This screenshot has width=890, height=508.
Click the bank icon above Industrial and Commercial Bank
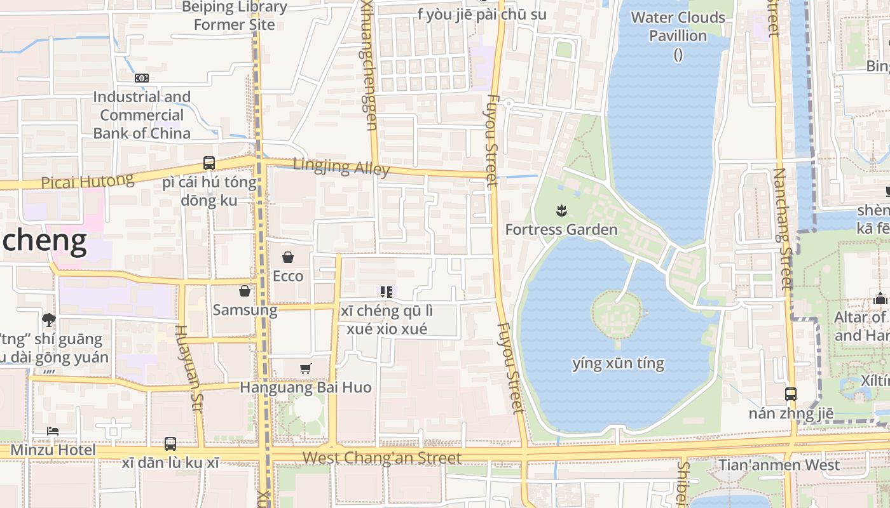pyautogui.click(x=141, y=78)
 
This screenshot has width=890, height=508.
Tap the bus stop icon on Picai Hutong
pyautogui.click(x=209, y=163)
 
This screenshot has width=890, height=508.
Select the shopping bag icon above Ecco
pyautogui.click(x=288, y=257)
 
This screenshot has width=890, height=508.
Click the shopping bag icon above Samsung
pyautogui.click(x=244, y=291)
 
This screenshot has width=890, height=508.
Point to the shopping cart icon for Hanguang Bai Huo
pyautogui.click(x=306, y=368)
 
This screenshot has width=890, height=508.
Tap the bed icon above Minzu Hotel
pyautogui.click(x=53, y=431)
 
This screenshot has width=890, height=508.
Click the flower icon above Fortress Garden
pyautogui.click(x=561, y=210)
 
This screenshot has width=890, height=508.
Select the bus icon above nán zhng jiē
pyautogui.click(x=790, y=394)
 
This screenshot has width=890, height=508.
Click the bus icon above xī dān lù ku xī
pyautogui.click(x=170, y=443)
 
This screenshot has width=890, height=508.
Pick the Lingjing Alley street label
pyautogui.click(x=341, y=167)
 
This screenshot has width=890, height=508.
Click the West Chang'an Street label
pyautogui.click(x=381, y=458)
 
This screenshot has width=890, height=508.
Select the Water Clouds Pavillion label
pyautogui.click(x=678, y=27)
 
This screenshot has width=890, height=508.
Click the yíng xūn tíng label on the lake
pyautogui.click(x=618, y=364)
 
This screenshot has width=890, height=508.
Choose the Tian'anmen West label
pyautogui.click(x=779, y=465)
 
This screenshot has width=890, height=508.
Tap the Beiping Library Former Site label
pyautogui.click(x=234, y=16)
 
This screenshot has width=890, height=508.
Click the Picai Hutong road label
pyautogui.click(x=87, y=182)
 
